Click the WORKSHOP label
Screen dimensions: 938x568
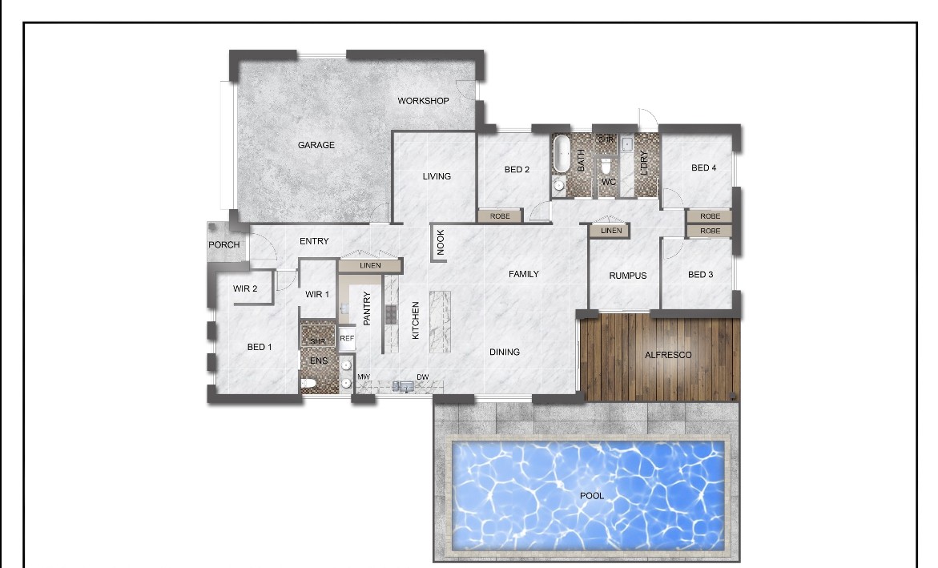coord(423,101)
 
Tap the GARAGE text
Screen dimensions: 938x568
coord(316,145)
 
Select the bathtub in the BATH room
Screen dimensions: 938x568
coord(562,153)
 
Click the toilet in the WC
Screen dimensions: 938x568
coord(606,164)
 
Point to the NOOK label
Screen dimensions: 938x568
coord(441,243)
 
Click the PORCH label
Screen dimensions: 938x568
coord(223,245)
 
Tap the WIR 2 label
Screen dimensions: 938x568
coord(244,288)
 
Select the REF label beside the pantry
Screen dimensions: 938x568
coord(347,338)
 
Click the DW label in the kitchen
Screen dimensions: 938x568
coord(422,377)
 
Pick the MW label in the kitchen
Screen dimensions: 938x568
coord(364,377)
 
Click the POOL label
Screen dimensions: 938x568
coord(592,496)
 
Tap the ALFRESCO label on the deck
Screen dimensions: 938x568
coord(667,355)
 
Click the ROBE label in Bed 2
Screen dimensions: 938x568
coord(500,216)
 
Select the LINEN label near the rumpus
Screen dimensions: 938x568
coord(610,231)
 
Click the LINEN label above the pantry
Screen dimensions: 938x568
coord(370,265)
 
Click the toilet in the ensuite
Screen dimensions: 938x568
coord(308,384)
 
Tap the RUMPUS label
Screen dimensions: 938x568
coord(627,276)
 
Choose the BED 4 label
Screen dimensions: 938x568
coord(703,167)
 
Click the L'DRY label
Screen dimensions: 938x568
coord(644,163)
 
